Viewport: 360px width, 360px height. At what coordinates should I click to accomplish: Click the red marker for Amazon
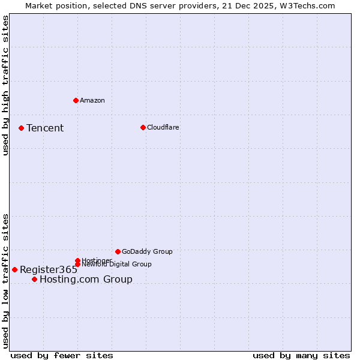(76, 100)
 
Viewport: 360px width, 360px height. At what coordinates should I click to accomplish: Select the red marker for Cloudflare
(143, 127)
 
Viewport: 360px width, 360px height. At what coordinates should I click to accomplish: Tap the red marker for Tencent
(21, 128)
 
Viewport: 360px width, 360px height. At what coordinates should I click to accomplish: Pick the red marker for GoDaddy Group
(118, 251)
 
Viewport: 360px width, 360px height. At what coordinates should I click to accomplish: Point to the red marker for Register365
(14, 269)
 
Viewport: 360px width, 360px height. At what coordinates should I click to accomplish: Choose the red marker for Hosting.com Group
(34, 279)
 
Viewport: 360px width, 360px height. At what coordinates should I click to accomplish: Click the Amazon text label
(92, 100)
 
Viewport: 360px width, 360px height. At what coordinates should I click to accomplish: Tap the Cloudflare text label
(163, 127)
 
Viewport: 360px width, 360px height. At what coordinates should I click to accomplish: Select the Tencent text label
(45, 128)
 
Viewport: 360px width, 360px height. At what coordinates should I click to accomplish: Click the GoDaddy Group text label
(147, 251)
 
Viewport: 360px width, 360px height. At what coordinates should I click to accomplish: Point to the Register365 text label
(49, 269)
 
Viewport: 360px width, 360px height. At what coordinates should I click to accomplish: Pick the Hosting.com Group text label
(86, 279)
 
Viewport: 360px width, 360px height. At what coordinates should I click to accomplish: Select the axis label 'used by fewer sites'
(62, 355)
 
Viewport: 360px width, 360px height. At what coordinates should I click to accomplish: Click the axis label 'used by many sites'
(301, 355)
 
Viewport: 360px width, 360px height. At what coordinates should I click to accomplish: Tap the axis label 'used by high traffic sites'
(5, 85)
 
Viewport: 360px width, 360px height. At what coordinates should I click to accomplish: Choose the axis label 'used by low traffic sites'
(5, 280)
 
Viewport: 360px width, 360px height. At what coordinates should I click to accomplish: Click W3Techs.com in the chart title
(306, 5)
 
